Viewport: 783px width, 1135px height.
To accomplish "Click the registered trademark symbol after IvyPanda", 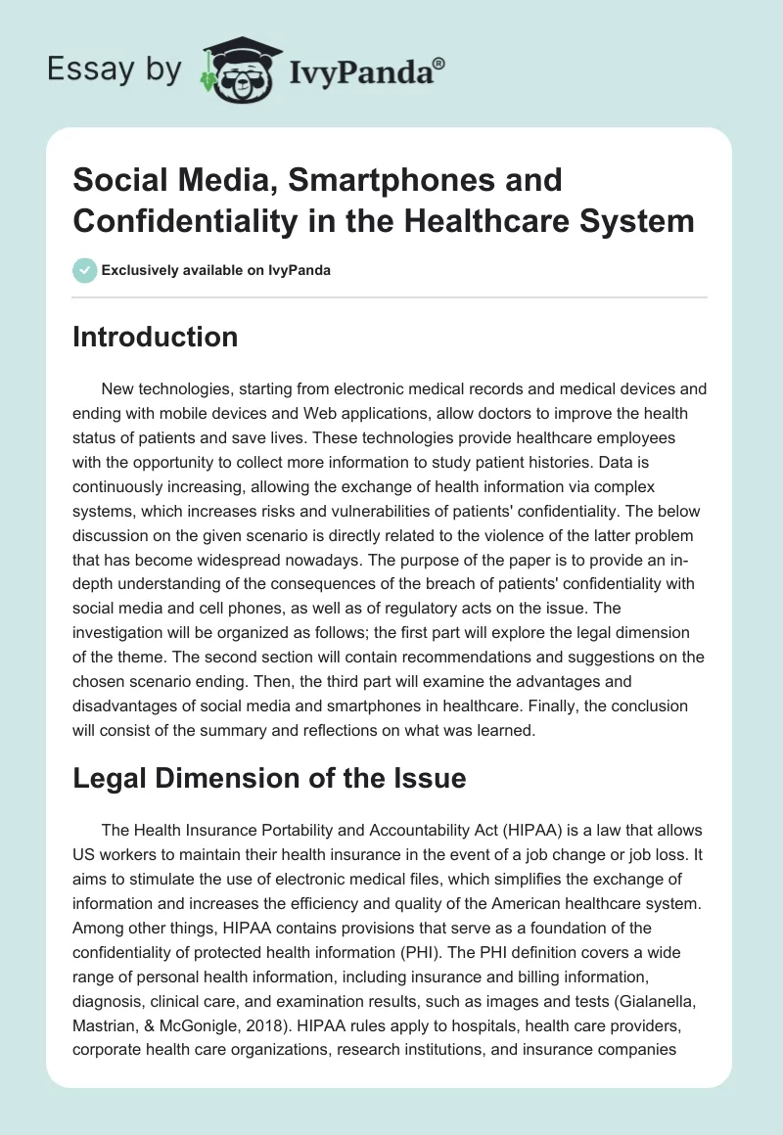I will pyautogui.click(x=438, y=64).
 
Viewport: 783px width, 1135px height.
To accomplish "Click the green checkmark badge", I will pyautogui.click(x=84, y=270).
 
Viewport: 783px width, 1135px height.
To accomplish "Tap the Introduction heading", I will pyautogui.click(x=156, y=337).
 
